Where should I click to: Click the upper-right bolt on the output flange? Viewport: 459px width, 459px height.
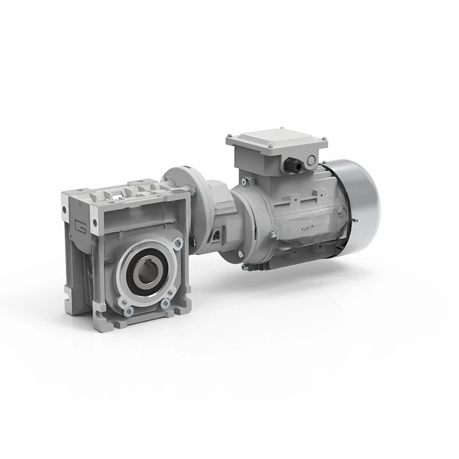point(174,246)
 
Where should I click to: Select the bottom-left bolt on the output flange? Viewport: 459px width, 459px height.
point(127,310)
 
